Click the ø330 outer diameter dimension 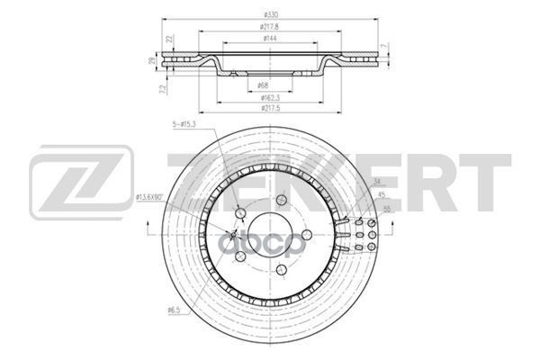[x=269, y=14]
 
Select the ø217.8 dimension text [x=269, y=26]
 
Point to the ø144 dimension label [x=269, y=38]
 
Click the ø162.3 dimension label [x=269, y=96]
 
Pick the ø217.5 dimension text [x=269, y=108]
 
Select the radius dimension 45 [x=382, y=195]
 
